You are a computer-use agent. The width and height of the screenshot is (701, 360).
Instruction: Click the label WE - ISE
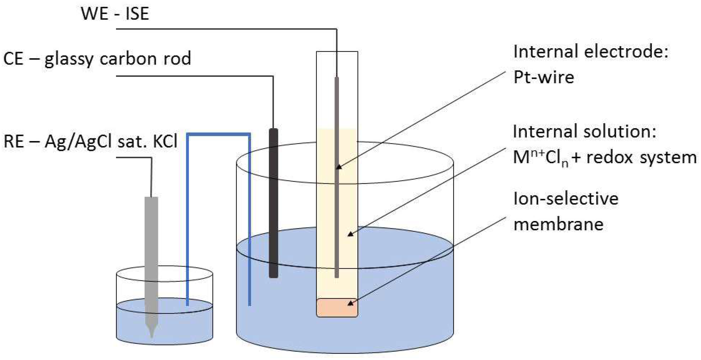tap(115, 14)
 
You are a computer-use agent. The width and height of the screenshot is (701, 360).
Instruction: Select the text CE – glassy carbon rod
tap(97, 58)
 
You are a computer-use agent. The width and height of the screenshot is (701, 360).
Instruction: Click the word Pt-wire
tap(544, 77)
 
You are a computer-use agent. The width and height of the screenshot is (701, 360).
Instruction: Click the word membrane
tap(558, 224)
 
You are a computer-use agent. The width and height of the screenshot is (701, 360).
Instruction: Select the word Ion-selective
tap(566, 199)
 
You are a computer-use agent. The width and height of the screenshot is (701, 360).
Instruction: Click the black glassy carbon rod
tap(273, 203)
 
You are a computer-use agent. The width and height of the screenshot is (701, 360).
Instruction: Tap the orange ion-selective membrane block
tap(337, 307)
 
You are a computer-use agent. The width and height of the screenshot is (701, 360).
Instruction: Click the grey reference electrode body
tap(151, 246)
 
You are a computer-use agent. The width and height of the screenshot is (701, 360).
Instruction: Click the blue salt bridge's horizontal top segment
tap(218, 134)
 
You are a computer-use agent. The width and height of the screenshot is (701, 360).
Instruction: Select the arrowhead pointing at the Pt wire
tap(339, 167)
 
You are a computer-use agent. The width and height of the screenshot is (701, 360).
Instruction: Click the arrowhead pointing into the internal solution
tap(350, 235)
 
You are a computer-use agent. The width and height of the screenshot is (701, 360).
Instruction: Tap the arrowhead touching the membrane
tap(350, 304)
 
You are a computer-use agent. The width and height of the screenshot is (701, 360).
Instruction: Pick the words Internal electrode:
tap(591, 52)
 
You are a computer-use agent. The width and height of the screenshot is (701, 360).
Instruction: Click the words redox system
tap(641, 157)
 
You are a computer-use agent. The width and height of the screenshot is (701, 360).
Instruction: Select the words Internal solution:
tap(584, 132)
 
